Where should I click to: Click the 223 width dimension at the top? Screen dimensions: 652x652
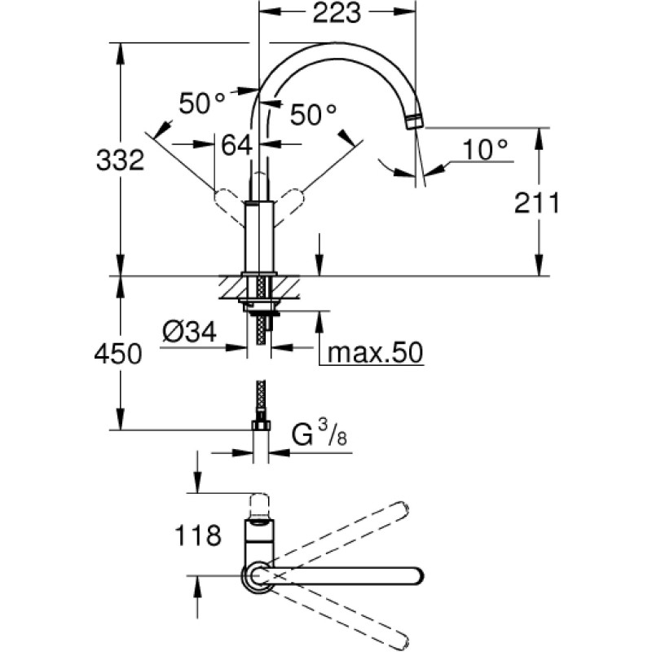pyautogui.click(x=337, y=13)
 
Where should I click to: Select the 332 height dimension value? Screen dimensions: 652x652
pyautogui.click(x=120, y=160)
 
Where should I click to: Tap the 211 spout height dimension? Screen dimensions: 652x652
pyautogui.click(x=537, y=203)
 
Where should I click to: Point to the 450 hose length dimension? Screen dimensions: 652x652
pyautogui.click(x=118, y=354)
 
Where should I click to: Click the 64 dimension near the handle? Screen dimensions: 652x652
pyautogui.click(x=237, y=145)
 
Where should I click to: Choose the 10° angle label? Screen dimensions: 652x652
pyautogui.click(x=485, y=150)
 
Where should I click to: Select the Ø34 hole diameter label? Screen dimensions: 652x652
pyautogui.click(x=190, y=333)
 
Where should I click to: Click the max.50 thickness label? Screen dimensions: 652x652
pyautogui.click(x=375, y=353)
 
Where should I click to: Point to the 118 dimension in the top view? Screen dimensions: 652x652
pyautogui.click(x=198, y=535)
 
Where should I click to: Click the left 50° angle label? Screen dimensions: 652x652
pyautogui.click(x=202, y=104)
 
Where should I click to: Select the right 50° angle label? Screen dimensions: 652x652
pyautogui.click(x=313, y=114)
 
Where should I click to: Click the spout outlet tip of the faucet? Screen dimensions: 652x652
pyautogui.click(x=415, y=123)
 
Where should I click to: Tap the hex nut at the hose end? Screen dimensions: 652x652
pyautogui.click(x=261, y=425)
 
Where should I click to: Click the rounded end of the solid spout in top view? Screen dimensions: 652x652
pyautogui.click(x=417, y=576)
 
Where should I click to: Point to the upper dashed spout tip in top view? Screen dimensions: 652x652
pyautogui.click(x=403, y=509)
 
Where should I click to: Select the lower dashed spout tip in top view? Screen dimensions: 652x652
pyautogui.click(x=401, y=642)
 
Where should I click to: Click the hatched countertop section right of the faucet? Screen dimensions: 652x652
pyautogui.click(x=286, y=288)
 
